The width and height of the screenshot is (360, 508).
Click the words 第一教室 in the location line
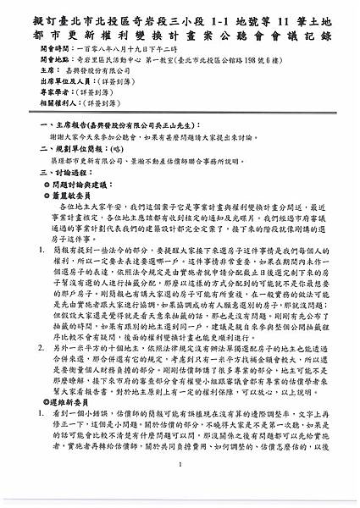152,62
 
